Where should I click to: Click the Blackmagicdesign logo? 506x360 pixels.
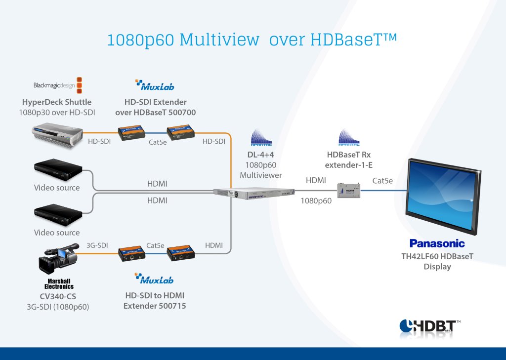point(57,85)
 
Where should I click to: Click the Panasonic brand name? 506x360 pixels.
point(437,243)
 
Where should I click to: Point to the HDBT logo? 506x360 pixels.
point(429,326)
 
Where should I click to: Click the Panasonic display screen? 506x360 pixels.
point(443,196)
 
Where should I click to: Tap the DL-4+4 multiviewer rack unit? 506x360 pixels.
point(253,195)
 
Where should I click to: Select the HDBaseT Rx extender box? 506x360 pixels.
point(349,190)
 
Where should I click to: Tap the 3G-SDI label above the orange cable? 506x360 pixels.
point(97,245)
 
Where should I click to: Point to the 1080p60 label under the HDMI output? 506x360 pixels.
point(316,201)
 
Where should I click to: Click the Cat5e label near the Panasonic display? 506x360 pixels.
point(382,181)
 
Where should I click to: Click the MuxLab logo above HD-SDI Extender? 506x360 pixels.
point(155,85)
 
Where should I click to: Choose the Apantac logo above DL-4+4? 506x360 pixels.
point(261,138)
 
